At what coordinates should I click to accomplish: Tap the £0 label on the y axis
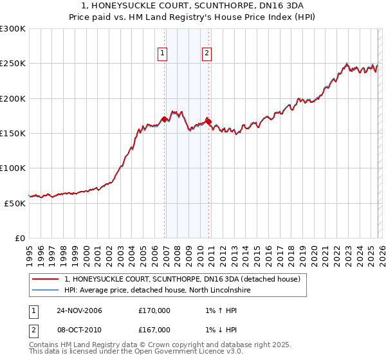(x=19, y=238)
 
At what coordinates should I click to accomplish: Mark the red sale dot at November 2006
(x=165, y=119)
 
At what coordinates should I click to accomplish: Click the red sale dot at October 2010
(x=208, y=121)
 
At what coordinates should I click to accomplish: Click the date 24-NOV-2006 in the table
(x=79, y=310)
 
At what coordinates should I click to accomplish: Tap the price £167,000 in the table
(x=154, y=329)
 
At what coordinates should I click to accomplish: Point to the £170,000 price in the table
(x=154, y=310)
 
